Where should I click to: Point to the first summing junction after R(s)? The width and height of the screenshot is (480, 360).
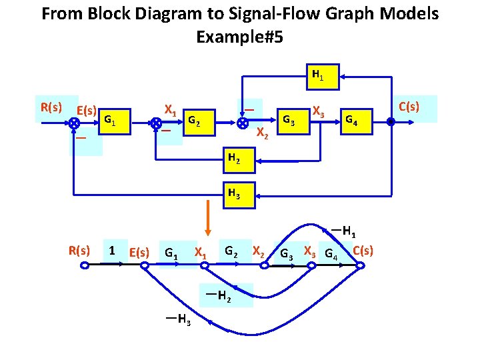click(75, 123)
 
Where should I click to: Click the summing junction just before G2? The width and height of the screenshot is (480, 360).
click(155, 123)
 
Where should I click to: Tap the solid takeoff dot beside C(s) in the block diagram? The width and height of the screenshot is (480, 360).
click(391, 123)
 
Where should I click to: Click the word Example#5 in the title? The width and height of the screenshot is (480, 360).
click(239, 37)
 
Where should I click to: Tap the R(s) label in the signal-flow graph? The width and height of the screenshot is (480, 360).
click(79, 250)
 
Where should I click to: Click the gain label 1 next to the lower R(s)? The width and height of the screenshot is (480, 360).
click(113, 251)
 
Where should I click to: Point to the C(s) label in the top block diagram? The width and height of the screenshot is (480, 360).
click(408, 107)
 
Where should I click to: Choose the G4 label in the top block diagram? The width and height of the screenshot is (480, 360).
click(351, 121)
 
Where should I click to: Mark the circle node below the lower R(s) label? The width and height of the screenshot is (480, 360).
click(85, 265)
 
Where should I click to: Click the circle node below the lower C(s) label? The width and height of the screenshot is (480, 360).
click(360, 265)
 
